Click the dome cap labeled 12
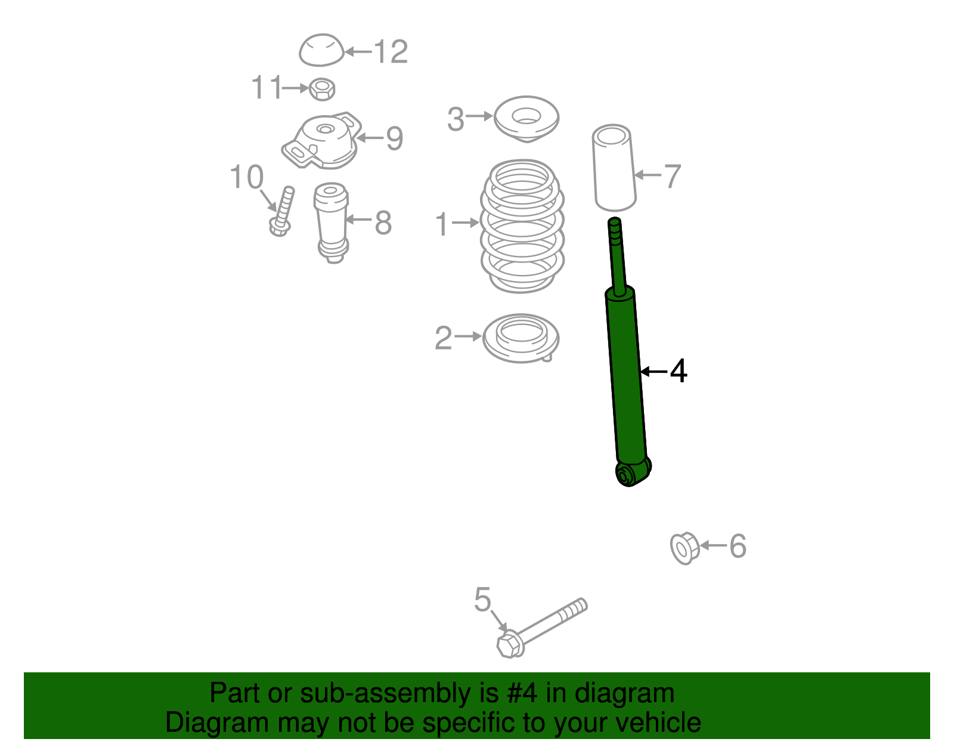321,50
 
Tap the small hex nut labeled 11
322,89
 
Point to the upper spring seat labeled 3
526,118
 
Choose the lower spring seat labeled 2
521,338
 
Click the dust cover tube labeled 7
614,168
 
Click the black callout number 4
679,371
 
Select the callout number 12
391,52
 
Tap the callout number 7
672,176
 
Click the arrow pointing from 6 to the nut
713,545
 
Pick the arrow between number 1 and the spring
465,223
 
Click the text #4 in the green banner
522,693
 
